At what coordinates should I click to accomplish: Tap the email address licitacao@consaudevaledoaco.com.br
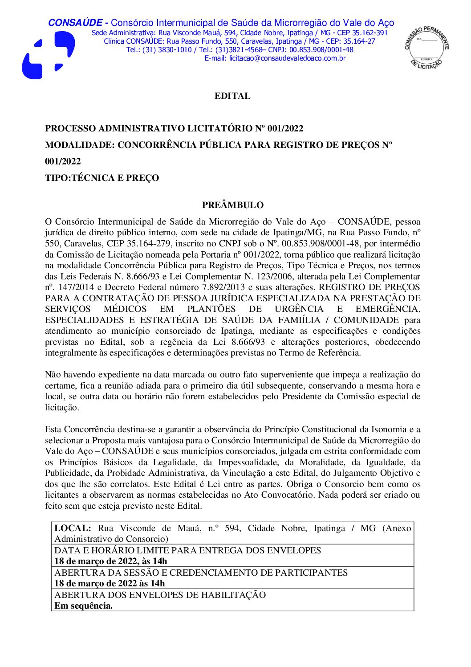[x=287, y=58]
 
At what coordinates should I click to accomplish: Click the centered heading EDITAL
[x=232, y=96]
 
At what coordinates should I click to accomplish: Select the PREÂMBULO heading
[x=232, y=205]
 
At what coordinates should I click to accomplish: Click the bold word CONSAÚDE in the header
[x=75, y=23]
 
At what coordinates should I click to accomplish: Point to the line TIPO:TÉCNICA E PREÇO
[x=102, y=178]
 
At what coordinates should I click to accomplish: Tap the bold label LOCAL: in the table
[x=73, y=528]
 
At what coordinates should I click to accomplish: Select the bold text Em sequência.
[x=83, y=606]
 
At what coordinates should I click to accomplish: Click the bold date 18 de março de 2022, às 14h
[x=110, y=561]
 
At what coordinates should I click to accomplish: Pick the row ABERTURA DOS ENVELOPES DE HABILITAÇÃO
[x=160, y=595]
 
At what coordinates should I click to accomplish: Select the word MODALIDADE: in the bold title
[x=80, y=145]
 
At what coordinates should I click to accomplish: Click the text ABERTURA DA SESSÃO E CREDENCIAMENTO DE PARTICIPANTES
[x=201, y=573]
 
